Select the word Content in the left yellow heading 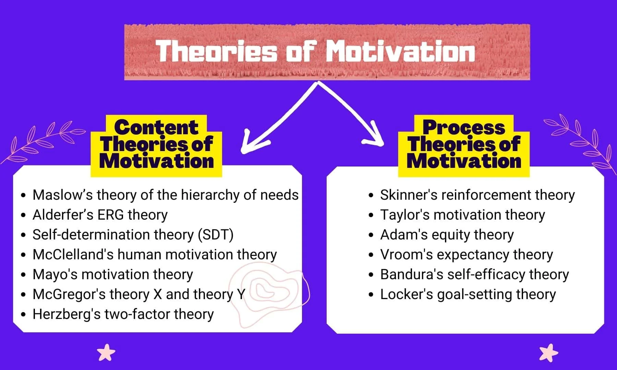pyautogui.click(x=156, y=127)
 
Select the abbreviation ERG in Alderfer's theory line pyautogui.click(x=110, y=215)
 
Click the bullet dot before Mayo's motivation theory pyautogui.click(x=23, y=275)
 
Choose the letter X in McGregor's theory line pyautogui.click(x=157, y=294)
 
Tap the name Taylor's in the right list pyautogui.click(x=404, y=215)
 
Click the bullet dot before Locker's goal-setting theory pyautogui.click(x=371, y=295)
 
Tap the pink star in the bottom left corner pyautogui.click(x=106, y=353)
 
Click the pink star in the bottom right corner pyautogui.click(x=548, y=353)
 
